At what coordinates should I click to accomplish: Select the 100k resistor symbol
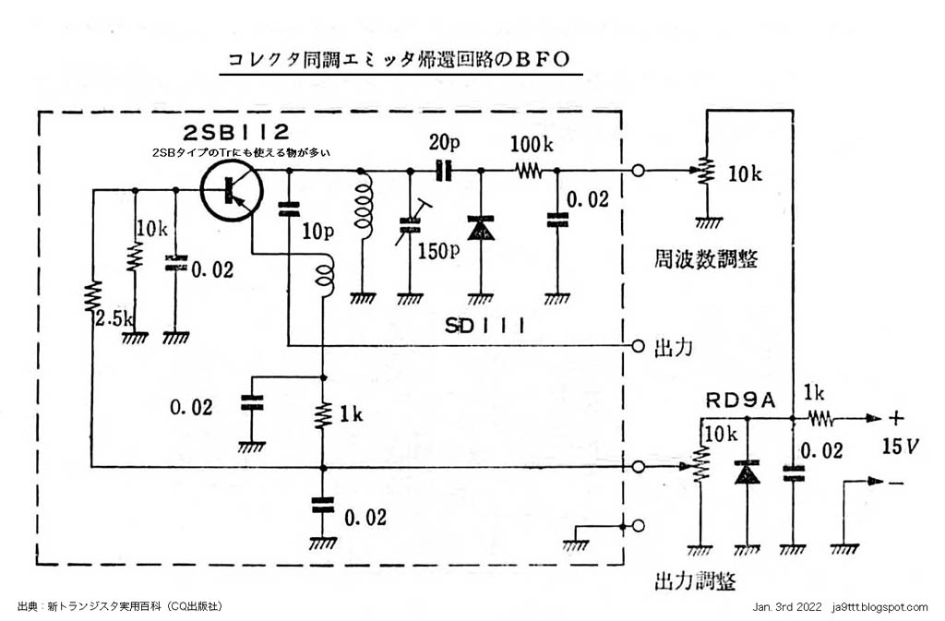(x=529, y=170)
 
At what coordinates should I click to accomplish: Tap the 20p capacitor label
(x=443, y=142)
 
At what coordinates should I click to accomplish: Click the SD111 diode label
(x=483, y=326)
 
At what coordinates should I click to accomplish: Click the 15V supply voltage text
(x=900, y=448)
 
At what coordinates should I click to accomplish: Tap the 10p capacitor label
(x=317, y=232)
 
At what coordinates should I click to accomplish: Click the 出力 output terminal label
(x=673, y=346)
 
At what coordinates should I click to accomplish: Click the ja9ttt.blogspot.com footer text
(x=879, y=607)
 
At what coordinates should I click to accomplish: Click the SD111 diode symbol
(x=479, y=230)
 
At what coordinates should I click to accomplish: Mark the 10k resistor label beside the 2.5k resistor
(x=150, y=226)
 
